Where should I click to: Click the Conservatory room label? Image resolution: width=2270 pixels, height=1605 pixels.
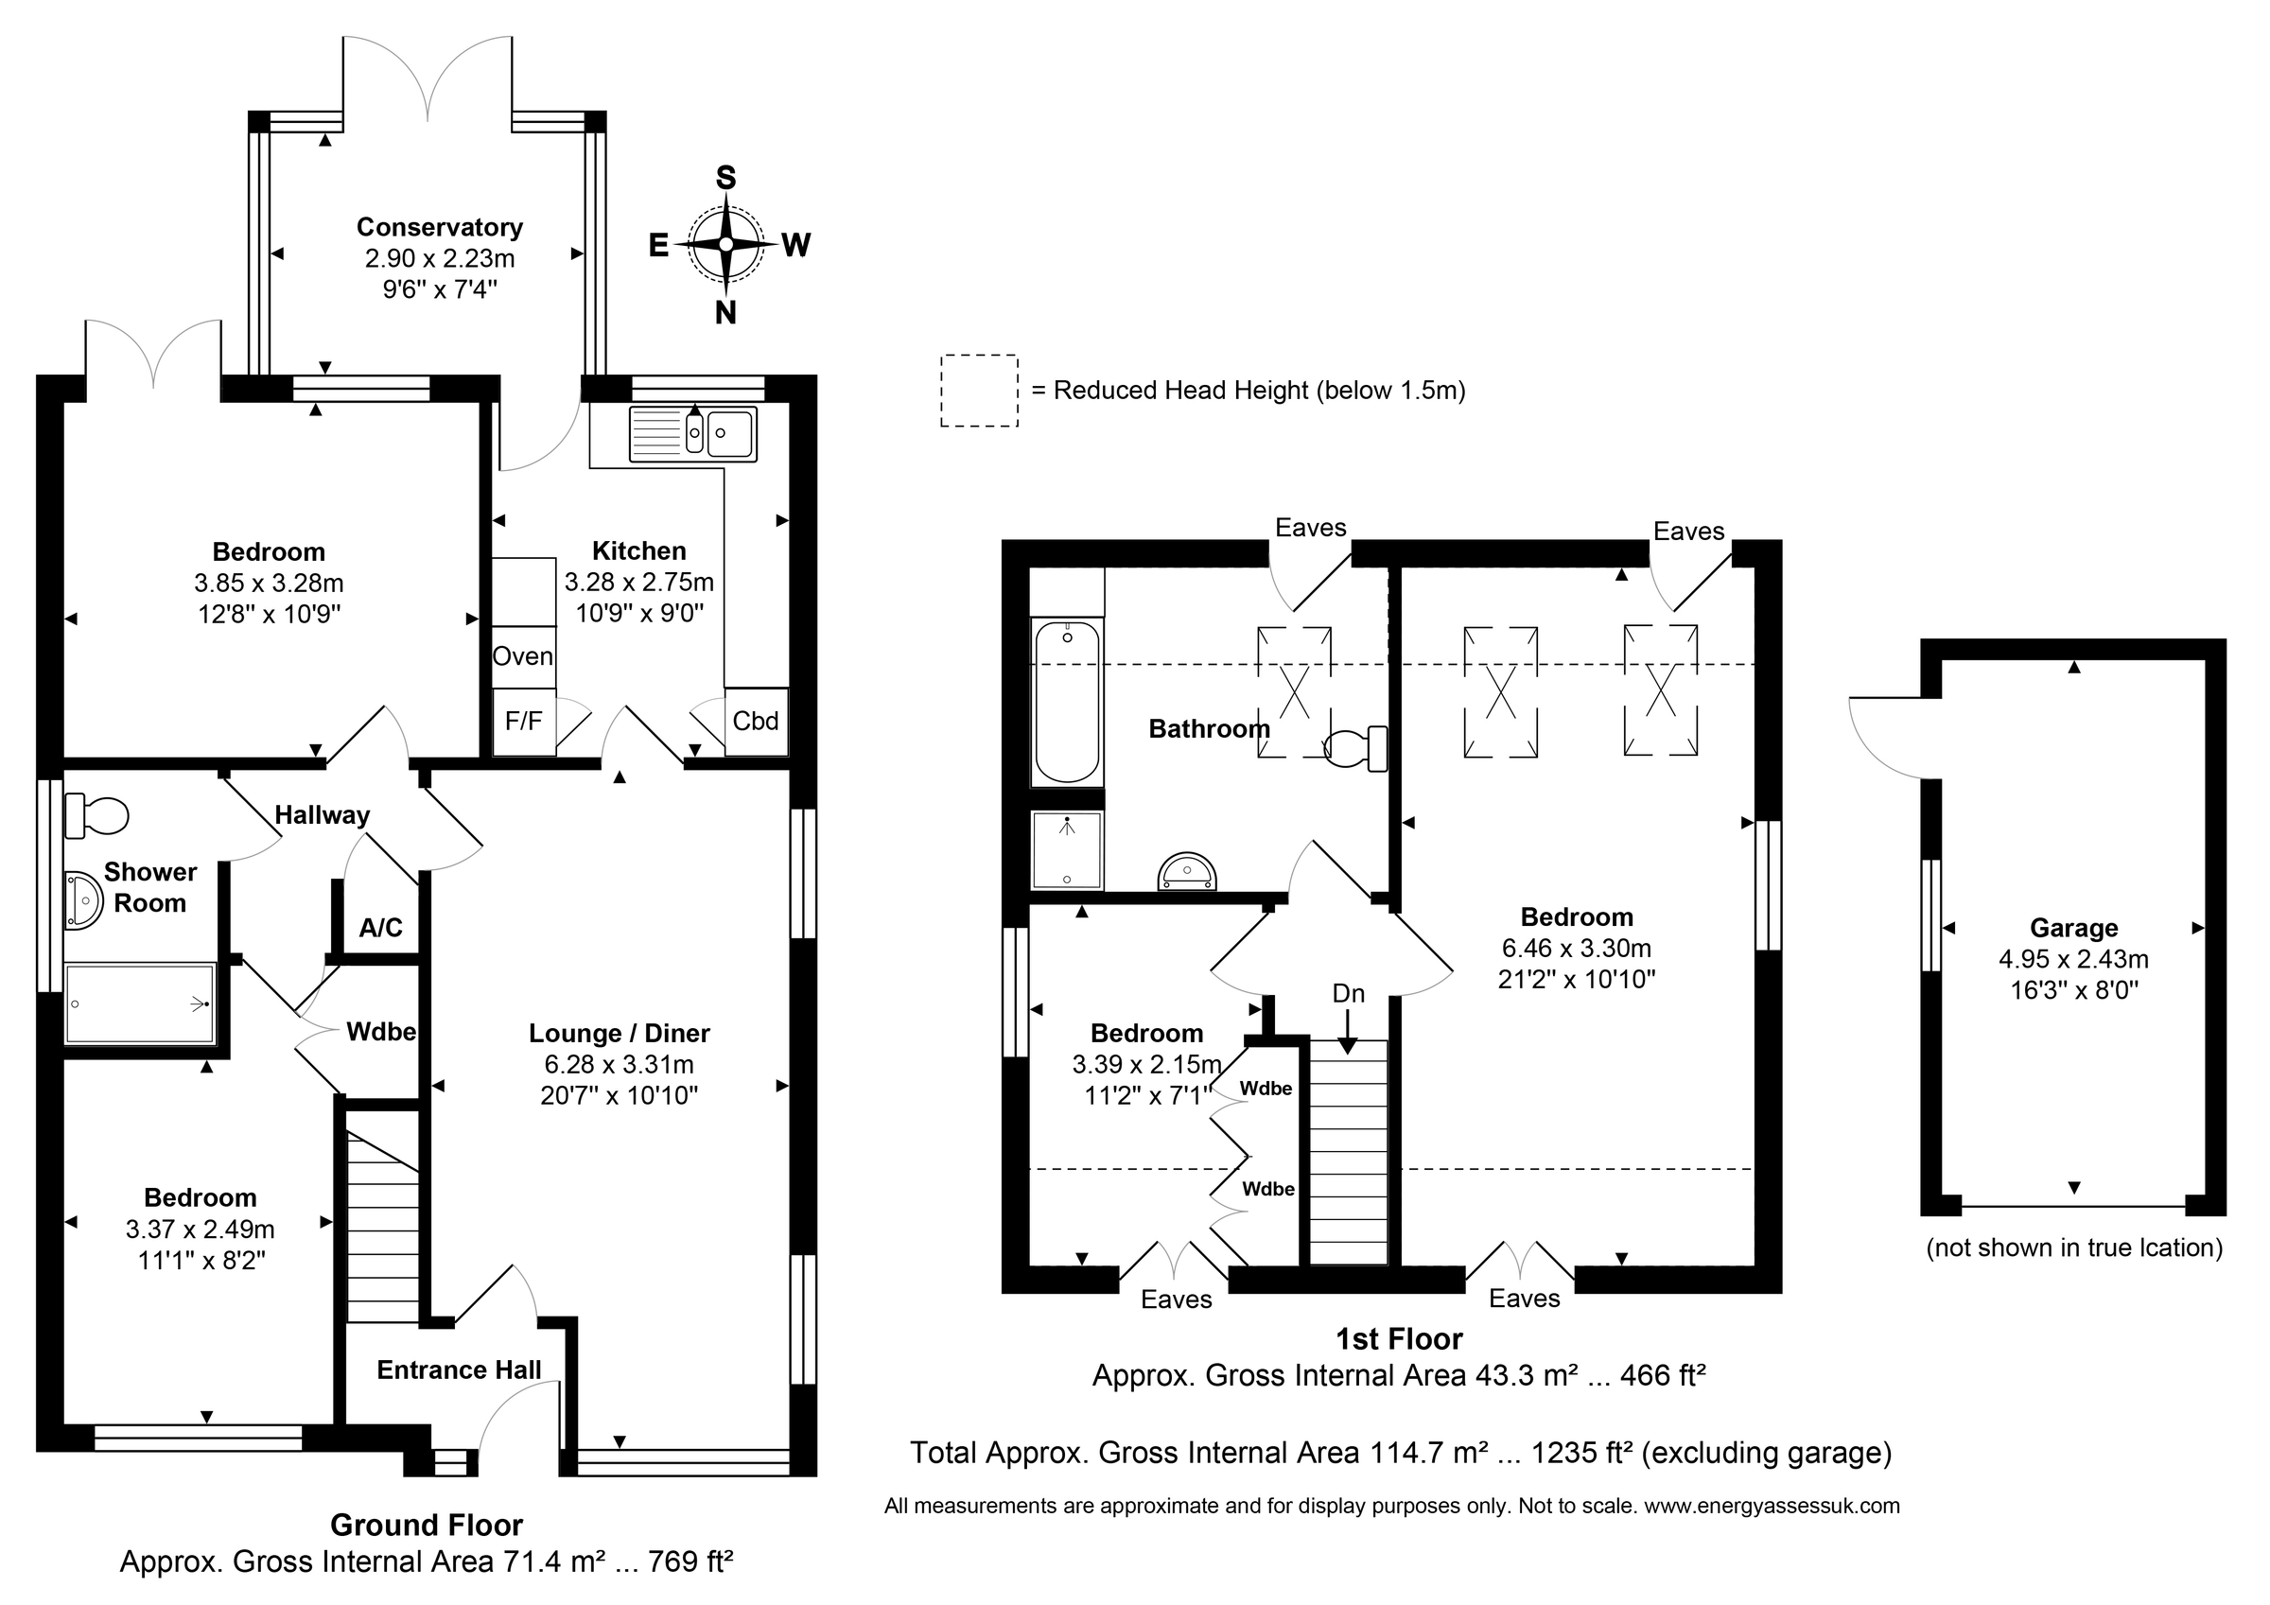coord(439,227)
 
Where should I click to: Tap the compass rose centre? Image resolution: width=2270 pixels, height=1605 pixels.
coord(725,244)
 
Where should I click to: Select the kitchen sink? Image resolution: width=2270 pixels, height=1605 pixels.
coord(693,433)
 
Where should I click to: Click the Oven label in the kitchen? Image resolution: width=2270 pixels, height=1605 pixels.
coord(523,656)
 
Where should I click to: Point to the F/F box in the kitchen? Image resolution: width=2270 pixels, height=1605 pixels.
coord(524,722)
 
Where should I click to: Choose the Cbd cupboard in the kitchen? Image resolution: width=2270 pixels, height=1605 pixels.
coord(757,722)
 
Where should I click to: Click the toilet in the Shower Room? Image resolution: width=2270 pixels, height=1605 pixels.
coord(96,816)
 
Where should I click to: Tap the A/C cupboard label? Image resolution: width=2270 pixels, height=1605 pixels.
coord(380,928)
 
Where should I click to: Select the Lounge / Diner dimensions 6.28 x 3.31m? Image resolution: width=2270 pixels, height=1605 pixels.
coord(619,1065)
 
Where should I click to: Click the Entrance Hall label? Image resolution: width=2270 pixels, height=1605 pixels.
coord(459,1369)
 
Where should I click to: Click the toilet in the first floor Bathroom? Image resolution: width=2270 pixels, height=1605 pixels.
coord(1355,749)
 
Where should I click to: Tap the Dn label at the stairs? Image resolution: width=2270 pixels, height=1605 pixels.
coord(1349,993)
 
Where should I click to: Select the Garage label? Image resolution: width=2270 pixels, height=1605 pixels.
coord(2074,928)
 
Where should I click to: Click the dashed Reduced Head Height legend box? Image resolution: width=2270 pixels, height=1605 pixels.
coord(980,391)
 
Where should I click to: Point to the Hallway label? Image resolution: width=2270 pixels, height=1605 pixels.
coord(323,815)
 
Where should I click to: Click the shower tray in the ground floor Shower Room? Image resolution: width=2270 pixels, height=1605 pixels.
coord(139,1003)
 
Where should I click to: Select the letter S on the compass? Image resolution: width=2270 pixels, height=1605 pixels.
coord(725,178)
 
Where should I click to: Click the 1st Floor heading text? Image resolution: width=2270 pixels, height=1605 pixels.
coord(1399,1339)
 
